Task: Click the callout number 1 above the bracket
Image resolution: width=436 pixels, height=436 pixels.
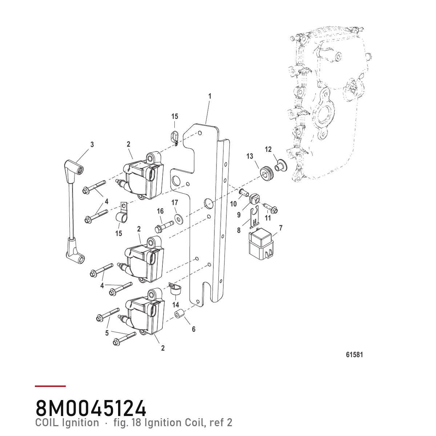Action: tap(210, 96)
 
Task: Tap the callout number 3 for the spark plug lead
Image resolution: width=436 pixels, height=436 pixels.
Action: tap(92, 144)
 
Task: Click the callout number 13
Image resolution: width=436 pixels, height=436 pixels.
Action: tap(250, 156)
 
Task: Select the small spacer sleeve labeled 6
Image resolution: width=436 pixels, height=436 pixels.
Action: tap(179, 315)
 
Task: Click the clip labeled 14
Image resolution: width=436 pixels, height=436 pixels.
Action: tap(175, 289)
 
